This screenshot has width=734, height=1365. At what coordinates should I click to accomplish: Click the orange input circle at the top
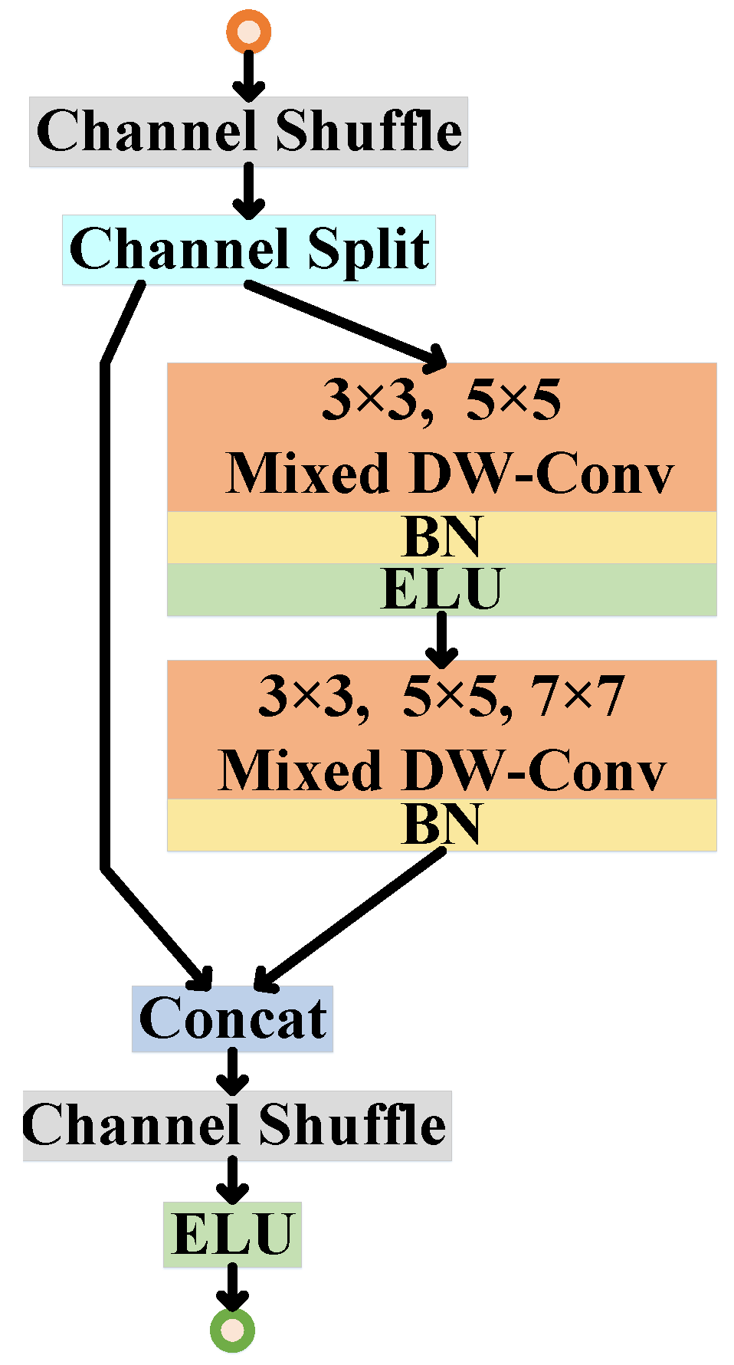click(x=248, y=31)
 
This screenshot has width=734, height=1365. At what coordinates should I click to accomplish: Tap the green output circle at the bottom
click(x=232, y=1330)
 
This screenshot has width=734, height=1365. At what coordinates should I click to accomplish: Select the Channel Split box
click(x=248, y=250)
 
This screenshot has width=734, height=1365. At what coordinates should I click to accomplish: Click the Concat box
click(x=232, y=1019)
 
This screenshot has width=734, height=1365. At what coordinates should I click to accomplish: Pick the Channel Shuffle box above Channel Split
click(x=248, y=132)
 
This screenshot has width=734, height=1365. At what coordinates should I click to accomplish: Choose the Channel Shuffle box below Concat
click(x=237, y=1125)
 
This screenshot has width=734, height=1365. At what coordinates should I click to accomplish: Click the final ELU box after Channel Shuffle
click(x=232, y=1234)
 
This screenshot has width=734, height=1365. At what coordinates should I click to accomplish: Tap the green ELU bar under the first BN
click(x=441, y=589)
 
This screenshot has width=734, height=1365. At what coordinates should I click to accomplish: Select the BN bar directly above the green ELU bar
click(x=441, y=537)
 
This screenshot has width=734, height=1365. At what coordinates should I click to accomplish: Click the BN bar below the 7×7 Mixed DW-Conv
click(x=441, y=825)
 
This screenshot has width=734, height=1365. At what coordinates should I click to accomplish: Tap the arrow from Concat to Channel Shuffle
click(x=232, y=1071)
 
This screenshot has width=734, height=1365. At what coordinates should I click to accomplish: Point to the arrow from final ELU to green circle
click(x=232, y=1288)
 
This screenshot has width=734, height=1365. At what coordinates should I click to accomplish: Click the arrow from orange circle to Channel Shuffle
click(x=248, y=75)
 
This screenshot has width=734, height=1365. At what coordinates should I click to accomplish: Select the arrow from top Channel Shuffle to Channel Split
click(x=248, y=191)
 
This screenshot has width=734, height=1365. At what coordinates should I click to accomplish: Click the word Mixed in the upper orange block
click(x=308, y=474)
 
